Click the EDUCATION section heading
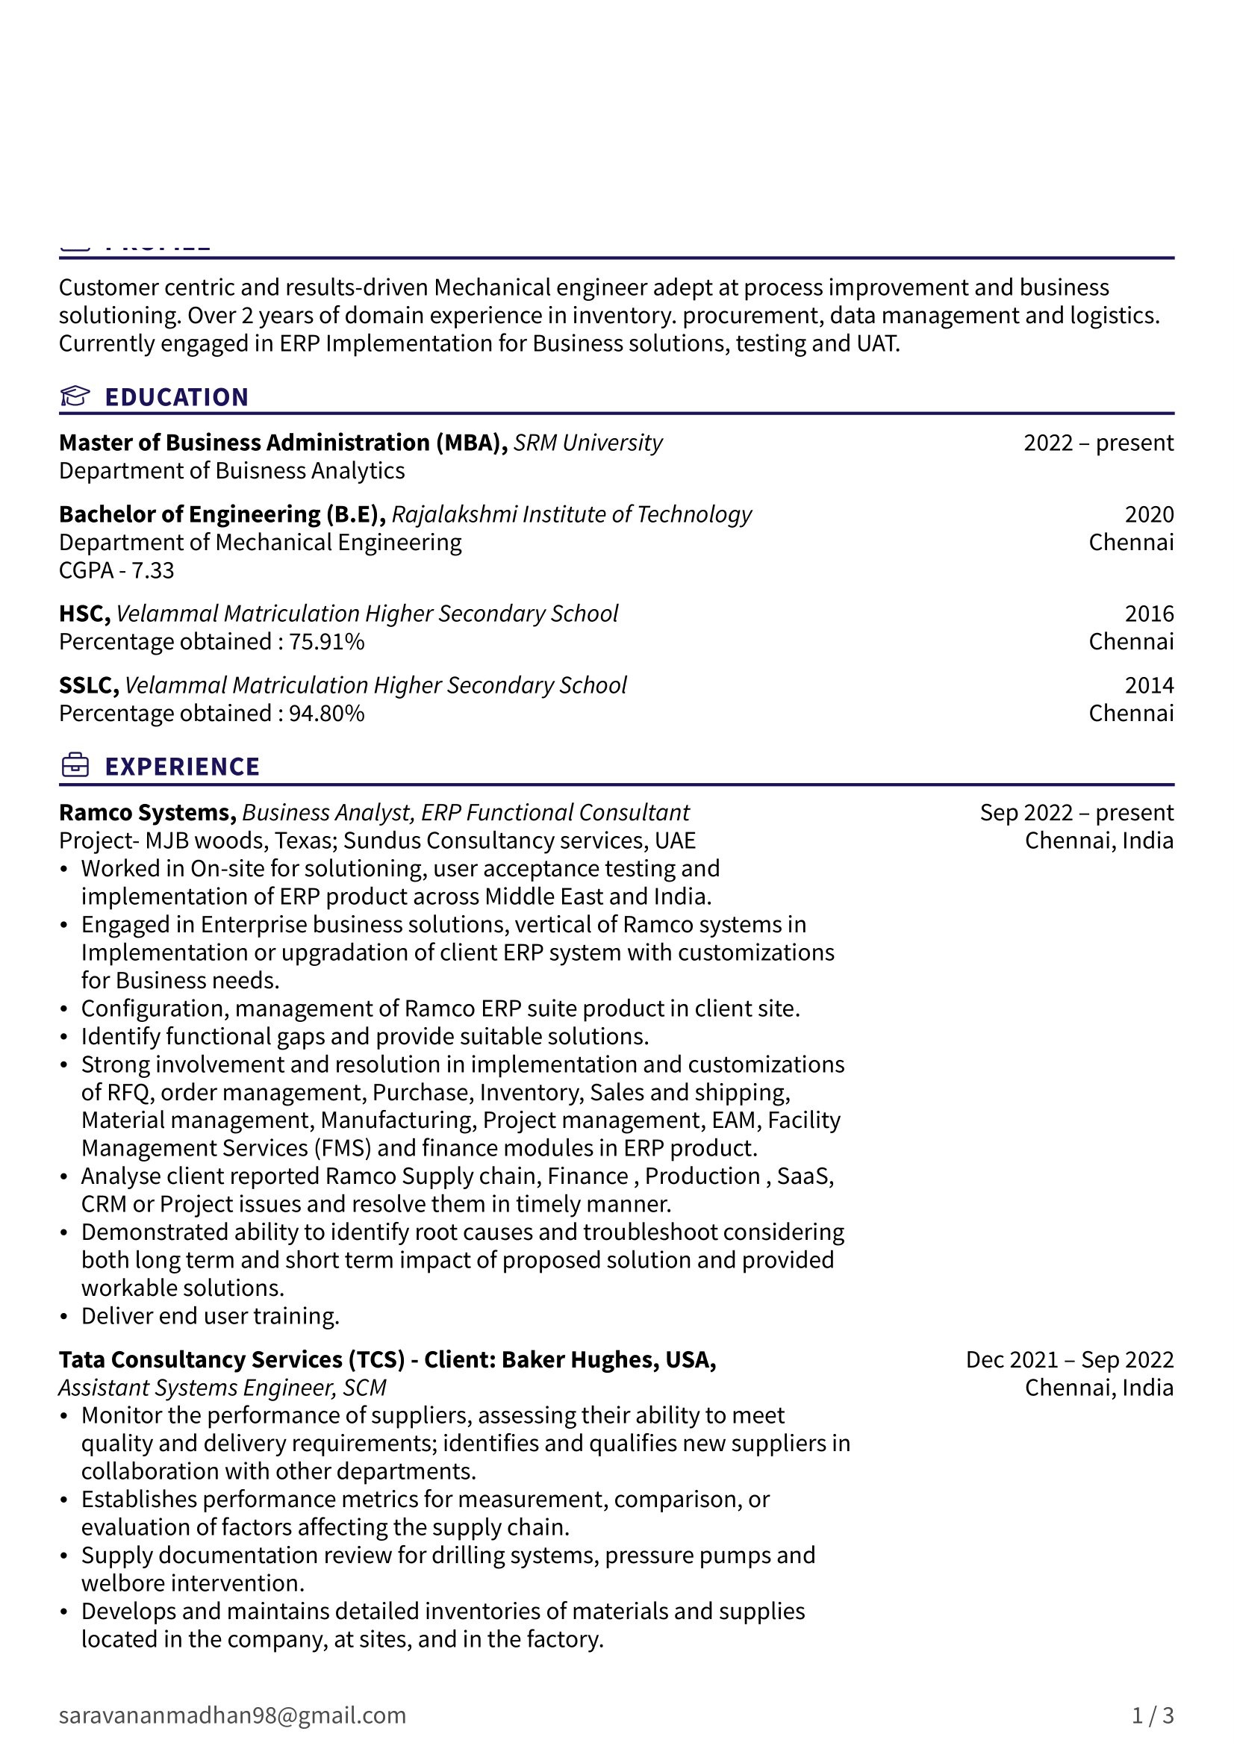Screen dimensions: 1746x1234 tap(176, 397)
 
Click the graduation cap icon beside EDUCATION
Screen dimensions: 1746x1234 tap(75, 396)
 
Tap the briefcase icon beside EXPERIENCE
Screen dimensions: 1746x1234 tap(75, 766)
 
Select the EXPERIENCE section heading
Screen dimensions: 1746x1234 tap(182, 767)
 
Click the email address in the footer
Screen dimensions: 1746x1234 tap(232, 1715)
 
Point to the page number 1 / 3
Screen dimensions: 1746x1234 tap(1153, 1715)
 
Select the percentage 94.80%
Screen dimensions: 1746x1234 tap(326, 714)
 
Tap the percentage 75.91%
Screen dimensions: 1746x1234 tap(326, 642)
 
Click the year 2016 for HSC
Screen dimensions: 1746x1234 tap(1149, 614)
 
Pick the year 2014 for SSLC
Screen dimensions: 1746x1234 tap(1149, 685)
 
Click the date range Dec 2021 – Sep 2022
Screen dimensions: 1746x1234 tap(1069, 1359)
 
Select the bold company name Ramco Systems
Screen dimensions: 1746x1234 tap(147, 813)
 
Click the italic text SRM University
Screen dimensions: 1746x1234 tap(588, 443)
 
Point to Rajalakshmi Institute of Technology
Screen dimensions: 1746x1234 tap(572, 514)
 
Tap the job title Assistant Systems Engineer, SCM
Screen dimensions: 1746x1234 tap(222, 1388)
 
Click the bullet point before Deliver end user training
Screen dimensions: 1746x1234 tap(65, 1317)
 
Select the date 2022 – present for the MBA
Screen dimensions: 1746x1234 tap(1098, 443)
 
